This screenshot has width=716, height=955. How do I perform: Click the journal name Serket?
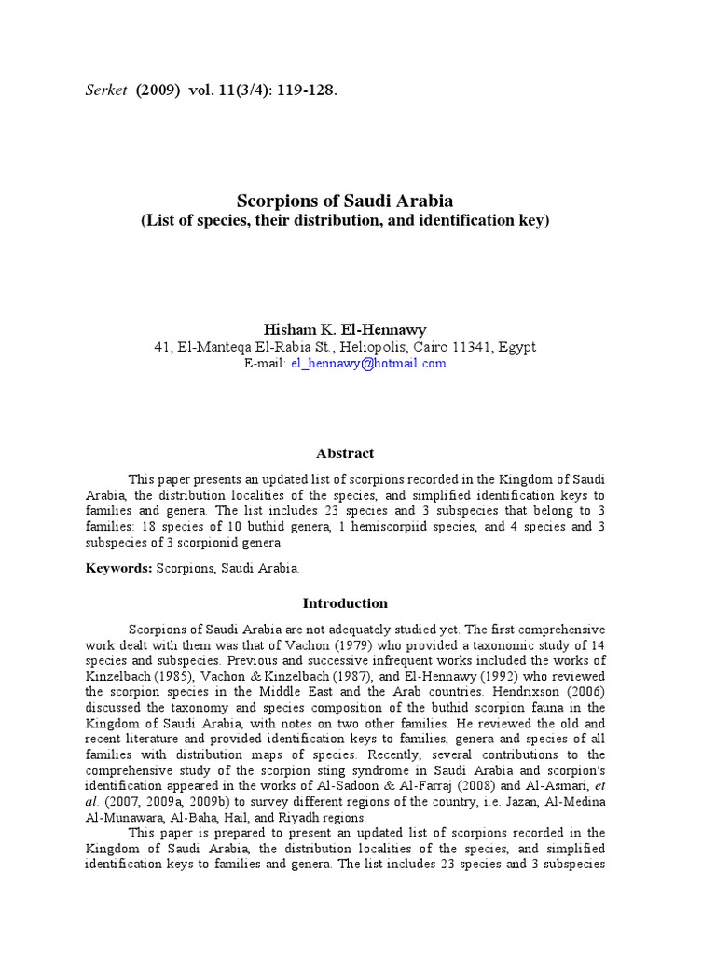(103, 91)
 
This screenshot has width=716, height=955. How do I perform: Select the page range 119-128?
(304, 91)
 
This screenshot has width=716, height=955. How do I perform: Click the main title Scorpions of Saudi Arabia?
(345, 201)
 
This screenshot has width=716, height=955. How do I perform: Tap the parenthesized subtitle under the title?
(345, 221)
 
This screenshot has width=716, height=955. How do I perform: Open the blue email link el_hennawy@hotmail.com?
(368, 364)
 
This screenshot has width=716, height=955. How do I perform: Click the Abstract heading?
(345, 453)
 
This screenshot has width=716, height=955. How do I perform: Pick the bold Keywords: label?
(118, 567)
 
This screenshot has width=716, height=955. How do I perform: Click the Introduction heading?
(345, 603)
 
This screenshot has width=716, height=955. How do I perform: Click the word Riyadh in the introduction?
(287, 817)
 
